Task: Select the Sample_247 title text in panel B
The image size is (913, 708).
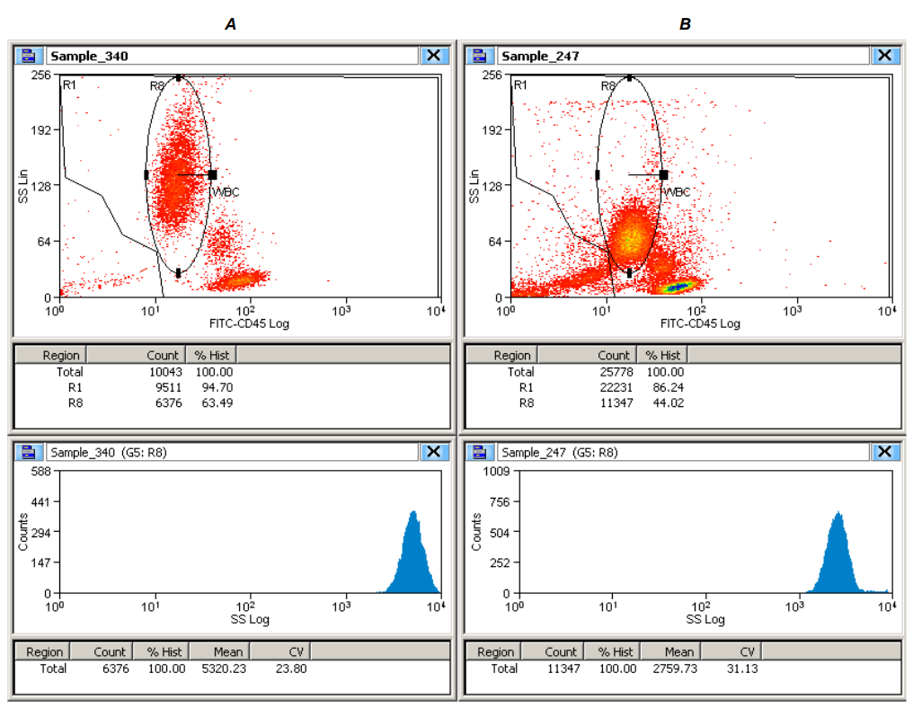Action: pos(539,56)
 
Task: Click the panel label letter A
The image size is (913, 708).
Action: pos(231,25)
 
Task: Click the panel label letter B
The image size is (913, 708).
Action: pos(685,25)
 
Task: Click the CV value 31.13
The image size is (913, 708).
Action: pos(741,668)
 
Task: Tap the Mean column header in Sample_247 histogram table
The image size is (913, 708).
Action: pos(679,651)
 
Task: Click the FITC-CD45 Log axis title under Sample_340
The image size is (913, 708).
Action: pos(249,323)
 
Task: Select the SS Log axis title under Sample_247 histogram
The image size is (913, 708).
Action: pos(705,619)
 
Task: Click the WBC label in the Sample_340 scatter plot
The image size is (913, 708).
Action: pos(226,191)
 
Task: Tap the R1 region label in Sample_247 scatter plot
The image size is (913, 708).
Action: pos(519,84)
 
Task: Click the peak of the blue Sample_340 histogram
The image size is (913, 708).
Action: pos(413,513)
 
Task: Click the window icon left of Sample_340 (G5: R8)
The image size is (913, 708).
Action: pos(29,452)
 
